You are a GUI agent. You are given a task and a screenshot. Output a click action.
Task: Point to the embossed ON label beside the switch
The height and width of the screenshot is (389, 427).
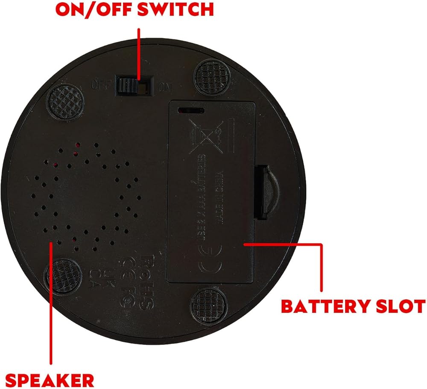[164, 88]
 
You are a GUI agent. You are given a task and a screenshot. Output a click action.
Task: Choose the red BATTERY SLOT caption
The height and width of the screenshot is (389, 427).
[353, 306]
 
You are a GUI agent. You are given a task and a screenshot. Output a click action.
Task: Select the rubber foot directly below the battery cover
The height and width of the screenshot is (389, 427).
[208, 305]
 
